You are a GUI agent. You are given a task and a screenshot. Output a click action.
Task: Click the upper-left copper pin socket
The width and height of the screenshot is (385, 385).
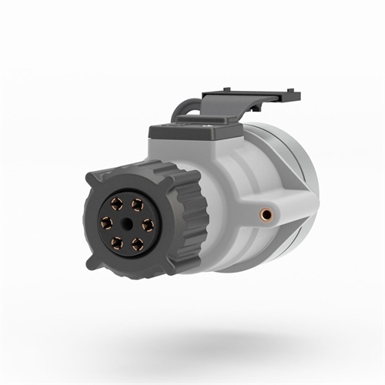click(x=118, y=204)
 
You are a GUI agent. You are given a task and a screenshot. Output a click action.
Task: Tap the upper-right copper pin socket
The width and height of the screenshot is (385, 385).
click(x=138, y=204)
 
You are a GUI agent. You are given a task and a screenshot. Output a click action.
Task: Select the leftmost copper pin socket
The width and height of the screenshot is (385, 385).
click(x=107, y=223)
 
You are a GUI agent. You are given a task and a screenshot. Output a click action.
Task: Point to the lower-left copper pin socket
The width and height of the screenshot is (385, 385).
click(x=117, y=243)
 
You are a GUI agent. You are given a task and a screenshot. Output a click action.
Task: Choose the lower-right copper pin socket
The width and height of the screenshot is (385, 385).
click(x=138, y=243)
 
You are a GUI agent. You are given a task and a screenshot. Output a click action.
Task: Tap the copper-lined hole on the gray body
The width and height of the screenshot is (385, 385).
click(x=267, y=210)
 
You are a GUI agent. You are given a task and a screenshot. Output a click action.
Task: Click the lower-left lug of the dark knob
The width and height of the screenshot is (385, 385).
click(x=93, y=261)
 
